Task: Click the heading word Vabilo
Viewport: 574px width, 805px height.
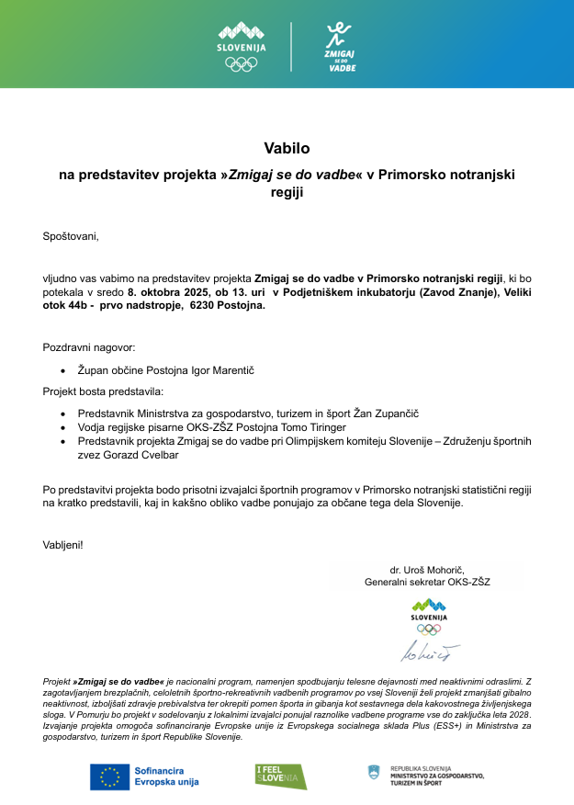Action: (287, 147)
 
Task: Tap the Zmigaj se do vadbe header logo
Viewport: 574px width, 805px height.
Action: (341, 47)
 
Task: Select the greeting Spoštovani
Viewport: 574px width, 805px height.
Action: (70, 236)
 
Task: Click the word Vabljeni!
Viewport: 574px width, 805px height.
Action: (62, 545)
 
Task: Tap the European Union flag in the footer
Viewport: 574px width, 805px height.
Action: (109, 776)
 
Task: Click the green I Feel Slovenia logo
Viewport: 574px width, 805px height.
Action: (280, 776)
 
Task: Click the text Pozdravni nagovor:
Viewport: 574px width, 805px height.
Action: (89, 347)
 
